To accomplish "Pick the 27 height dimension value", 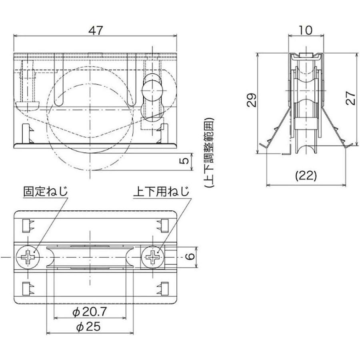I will pos(350,97).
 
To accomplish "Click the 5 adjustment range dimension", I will pos(184,161).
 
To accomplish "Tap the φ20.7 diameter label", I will pos(90,312).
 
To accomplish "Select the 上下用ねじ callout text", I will pos(161,191).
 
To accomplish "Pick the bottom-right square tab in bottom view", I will pos(164,288).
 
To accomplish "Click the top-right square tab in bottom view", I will pos(164,226).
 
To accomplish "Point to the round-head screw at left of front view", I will pos(27,105).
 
